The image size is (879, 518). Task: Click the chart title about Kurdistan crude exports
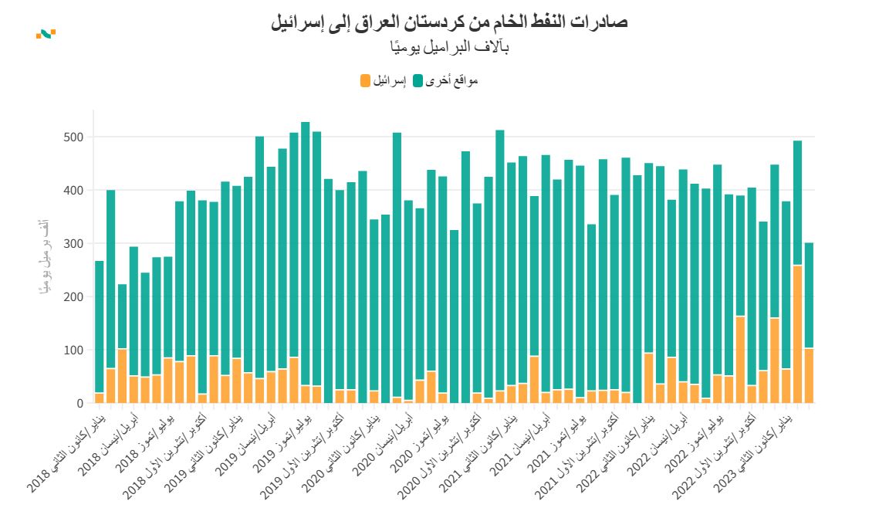[449, 22]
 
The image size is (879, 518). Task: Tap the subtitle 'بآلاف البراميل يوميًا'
[449, 48]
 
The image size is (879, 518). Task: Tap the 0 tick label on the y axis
[78, 404]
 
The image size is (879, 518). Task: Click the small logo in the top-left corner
[46, 33]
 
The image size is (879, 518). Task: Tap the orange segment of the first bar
[99, 398]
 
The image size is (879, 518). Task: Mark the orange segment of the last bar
[809, 375]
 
